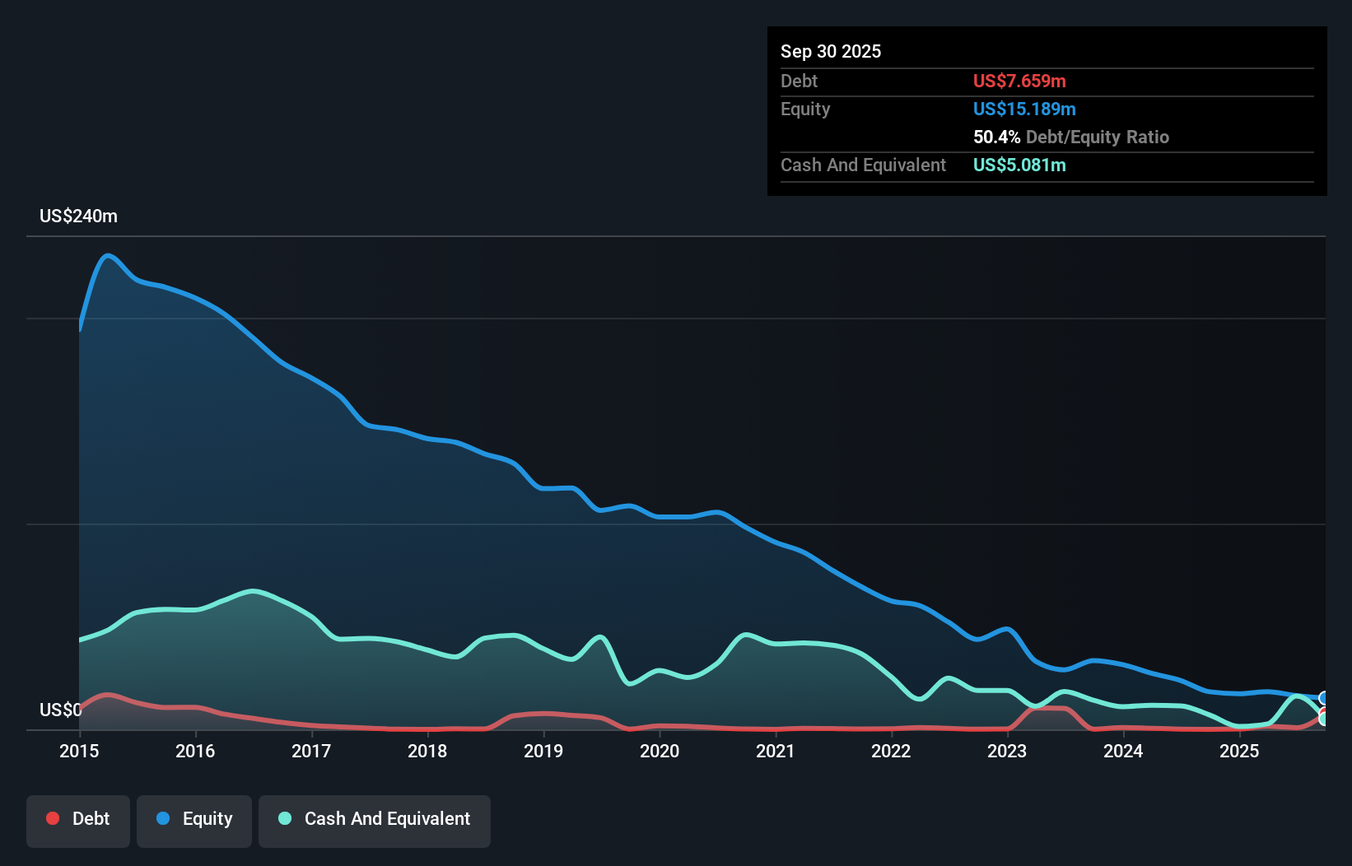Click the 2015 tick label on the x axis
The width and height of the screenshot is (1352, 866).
79,751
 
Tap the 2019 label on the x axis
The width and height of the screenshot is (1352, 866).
543,751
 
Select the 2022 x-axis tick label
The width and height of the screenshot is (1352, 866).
891,751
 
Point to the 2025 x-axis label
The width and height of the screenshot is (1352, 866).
1239,751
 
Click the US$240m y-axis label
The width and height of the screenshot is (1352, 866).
78,216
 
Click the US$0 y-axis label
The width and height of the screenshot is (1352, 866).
60,710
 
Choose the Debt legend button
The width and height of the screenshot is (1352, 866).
78,819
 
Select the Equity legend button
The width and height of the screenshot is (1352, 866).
194,819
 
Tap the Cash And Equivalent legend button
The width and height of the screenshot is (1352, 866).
375,819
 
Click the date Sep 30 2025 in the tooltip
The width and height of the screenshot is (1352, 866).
830,51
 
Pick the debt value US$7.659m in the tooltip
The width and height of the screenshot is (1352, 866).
1019,81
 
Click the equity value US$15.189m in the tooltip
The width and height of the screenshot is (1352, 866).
1023,109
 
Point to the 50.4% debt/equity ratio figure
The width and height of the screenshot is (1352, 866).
996,137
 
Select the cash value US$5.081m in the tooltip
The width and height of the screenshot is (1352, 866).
1019,165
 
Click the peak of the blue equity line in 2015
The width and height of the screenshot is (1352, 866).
108,255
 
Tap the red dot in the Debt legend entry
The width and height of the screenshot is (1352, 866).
53,818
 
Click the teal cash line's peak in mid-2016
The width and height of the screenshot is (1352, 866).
254,591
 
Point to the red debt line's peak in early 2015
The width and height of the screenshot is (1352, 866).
108,695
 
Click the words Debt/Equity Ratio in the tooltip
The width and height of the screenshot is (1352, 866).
1097,137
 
